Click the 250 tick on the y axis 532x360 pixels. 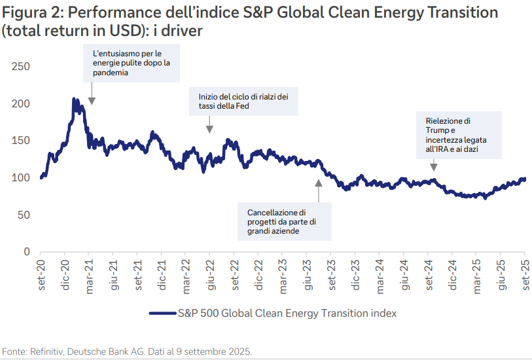click(22, 67)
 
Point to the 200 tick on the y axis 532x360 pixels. click(22, 103)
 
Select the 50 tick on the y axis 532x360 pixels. click(24, 215)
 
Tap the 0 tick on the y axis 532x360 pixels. click(27, 252)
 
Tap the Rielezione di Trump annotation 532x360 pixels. click(459, 135)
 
